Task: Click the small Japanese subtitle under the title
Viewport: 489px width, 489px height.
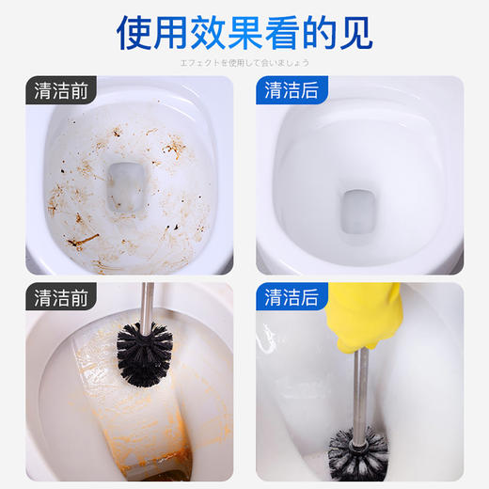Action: point(244,62)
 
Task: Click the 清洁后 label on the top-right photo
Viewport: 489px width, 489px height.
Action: point(291,92)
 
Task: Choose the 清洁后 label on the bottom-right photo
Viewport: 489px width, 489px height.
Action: point(291,299)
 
